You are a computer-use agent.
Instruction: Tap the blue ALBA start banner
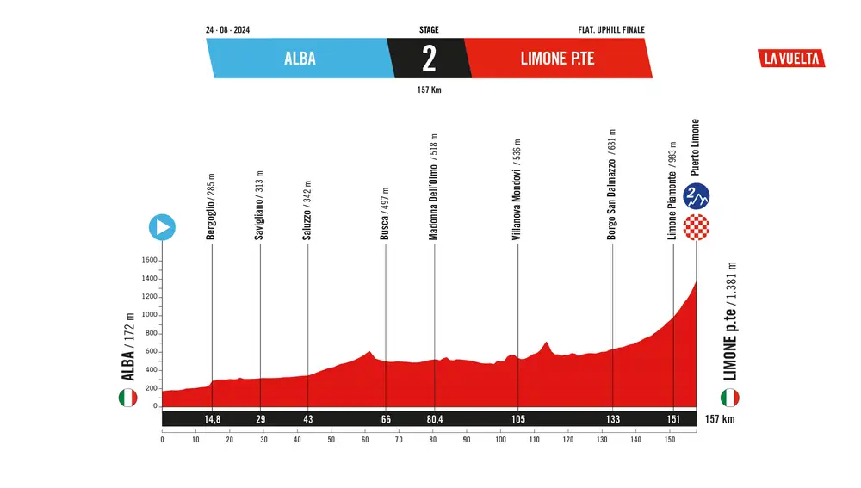pos(299,59)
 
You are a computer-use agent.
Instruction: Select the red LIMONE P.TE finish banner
pos(558,59)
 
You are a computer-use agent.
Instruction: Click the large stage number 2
pos(429,59)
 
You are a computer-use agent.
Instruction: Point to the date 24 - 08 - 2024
pos(228,30)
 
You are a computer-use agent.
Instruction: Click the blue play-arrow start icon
pos(162,227)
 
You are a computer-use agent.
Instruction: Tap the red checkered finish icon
pos(696,228)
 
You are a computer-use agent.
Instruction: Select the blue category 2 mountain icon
pos(696,196)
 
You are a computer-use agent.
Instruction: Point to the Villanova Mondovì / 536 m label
pos(517,189)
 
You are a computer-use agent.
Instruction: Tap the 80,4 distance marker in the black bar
pos(435,419)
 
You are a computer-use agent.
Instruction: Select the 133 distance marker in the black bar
pos(612,419)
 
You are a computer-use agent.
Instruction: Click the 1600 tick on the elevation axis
pos(149,260)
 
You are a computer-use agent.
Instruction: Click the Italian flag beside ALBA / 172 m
pos(127,398)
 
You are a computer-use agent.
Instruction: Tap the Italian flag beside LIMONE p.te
pos(729,398)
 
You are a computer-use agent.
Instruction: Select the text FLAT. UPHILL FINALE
pos(611,30)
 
